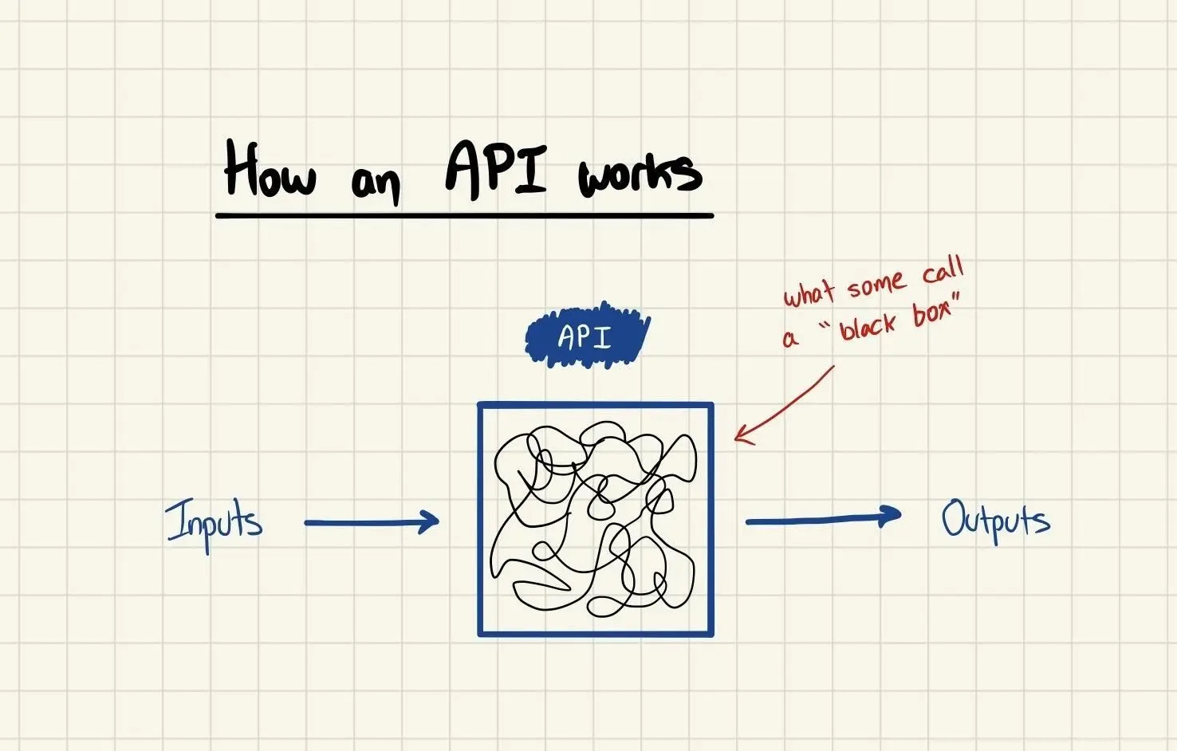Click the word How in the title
270,170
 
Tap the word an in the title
375,183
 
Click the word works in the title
640,175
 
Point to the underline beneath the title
464,215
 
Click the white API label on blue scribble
585,337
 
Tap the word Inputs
214,523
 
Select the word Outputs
995,521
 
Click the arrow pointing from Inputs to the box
372,523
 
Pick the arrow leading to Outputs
822,519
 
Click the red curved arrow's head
739,435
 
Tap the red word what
809,293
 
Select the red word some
876,284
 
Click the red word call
943,271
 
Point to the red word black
868,324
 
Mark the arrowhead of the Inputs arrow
431,522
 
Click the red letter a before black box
789,340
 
